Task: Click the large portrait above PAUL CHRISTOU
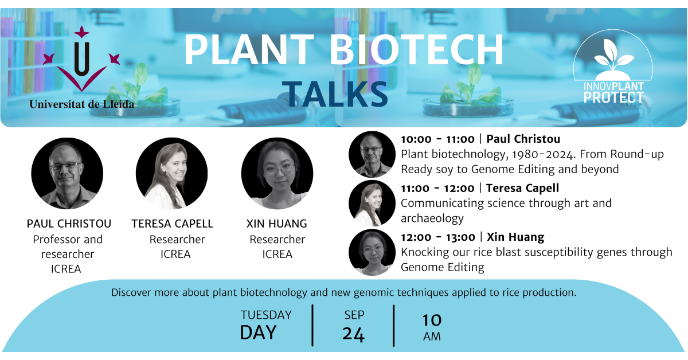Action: (x=67, y=173)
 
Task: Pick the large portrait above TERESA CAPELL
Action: (x=171, y=173)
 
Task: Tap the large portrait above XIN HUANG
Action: (x=277, y=173)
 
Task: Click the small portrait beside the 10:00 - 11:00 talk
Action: (x=372, y=154)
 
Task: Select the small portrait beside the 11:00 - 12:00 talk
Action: (x=372, y=204)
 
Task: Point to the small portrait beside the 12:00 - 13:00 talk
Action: (x=372, y=252)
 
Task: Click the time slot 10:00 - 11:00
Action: (x=437, y=139)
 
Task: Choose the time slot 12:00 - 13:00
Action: (x=437, y=237)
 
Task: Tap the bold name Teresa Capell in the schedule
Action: (x=522, y=188)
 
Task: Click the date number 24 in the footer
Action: (x=354, y=334)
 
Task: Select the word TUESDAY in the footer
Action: (x=266, y=315)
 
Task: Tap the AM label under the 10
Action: (x=432, y=336)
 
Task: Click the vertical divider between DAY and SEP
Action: (x=312, y=326)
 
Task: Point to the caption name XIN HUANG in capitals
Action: (x=277, y=224)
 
